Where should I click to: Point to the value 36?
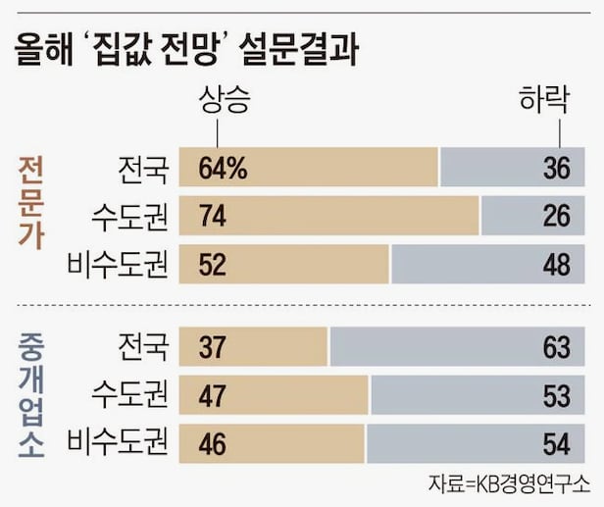click(556, 169)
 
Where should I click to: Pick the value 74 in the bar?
click(214, 216)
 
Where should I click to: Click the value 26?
click(556, 216)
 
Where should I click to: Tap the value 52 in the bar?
click(214, 264)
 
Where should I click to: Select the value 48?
click(556, 264)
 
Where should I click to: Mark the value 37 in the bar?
click(214, 347)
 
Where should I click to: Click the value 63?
click(556, 347)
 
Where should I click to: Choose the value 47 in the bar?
click(214, 395)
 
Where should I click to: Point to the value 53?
click(556, 395)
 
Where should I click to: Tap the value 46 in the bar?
click(214, 443)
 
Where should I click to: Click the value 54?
click(556, 443)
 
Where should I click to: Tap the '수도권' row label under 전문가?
click(128, 216)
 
